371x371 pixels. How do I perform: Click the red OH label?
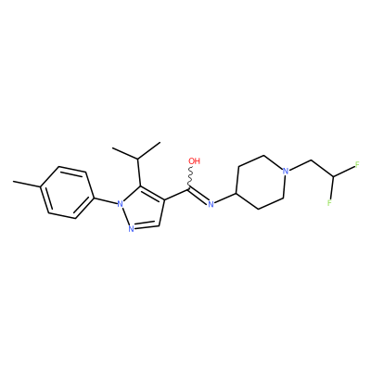pos(194,161)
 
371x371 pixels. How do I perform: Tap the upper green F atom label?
pos(357,164)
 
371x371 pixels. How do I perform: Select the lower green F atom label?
pos(329,203)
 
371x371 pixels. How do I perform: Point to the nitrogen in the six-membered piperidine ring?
pos(286,171)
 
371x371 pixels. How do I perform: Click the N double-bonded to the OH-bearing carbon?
pos(211,204)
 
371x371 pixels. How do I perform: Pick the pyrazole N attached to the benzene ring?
pos(120,204)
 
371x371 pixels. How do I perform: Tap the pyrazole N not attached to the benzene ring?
pos(131,229)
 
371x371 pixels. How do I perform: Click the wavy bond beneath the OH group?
pos(190,177)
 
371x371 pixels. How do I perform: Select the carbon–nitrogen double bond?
pos(198,195)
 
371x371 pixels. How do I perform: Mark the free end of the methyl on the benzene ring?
pos(13,181)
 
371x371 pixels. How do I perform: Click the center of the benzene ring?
pos(67,193)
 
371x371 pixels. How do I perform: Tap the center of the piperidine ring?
pos(261,183)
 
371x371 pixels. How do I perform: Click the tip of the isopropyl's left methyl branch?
pos(113,148)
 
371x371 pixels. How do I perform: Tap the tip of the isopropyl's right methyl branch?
pos(160,143)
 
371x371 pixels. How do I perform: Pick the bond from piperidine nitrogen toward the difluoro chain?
pos(301,165)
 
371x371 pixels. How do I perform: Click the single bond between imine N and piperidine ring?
pos(225,198)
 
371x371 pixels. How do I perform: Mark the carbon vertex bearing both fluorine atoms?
pos(333,176)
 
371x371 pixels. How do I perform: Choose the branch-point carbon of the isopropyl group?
pos(137,160)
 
